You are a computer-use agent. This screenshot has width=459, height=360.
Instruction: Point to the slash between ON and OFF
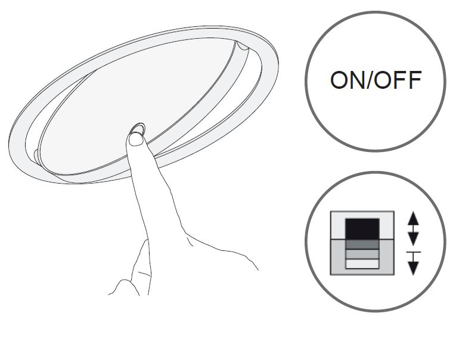pyautogui.click(x=370, y=80)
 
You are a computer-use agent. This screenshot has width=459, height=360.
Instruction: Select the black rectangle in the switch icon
pyautogui.click(x=362, y=229)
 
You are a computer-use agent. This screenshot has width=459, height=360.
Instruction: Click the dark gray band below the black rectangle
pyautogui.click(x=362, y=245)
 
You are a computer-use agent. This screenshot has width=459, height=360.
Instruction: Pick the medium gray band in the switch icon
pyautogui.click(x=362, y=254)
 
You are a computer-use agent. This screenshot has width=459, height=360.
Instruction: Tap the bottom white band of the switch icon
pyautogui.click(x=362, y=263)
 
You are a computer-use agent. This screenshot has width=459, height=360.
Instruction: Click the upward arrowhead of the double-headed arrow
pyautogui.click(x=413, y=218)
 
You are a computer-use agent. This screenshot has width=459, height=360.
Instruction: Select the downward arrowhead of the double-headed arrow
pyautogui.click(x=413, y=238)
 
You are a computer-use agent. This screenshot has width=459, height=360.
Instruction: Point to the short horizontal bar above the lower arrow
pyautogui.click(x=413, y=252)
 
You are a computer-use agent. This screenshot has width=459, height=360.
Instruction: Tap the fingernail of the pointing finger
pyautogui.click(x=136, y=139)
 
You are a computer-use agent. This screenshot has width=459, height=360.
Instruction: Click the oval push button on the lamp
pyautogui.click(x=138, y=129)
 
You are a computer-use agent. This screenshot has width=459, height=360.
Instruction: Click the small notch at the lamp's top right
pyautogui.click(x=243, y=46)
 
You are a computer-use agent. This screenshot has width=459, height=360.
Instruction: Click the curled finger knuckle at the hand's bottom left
pyautogui.click(x=125, y=287)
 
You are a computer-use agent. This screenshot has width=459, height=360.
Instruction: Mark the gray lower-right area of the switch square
pyautogui.click(x=386, y=257)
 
